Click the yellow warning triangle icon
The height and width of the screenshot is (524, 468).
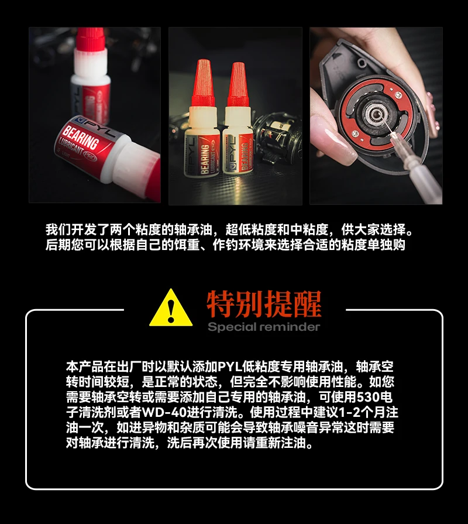[x=171, y=308]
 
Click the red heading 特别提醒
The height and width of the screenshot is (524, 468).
[x=264, y=304]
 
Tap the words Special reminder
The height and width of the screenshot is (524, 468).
[x=264, y=327]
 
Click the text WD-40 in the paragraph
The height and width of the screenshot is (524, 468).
[x=164, y=412]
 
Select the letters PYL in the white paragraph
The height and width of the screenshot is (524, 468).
[x=230, y=367]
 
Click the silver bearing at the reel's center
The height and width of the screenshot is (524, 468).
[x=373, y=115]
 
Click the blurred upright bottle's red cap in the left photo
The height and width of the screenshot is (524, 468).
[x=90, y=40]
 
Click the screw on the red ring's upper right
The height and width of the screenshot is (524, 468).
[x=398, y=95]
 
